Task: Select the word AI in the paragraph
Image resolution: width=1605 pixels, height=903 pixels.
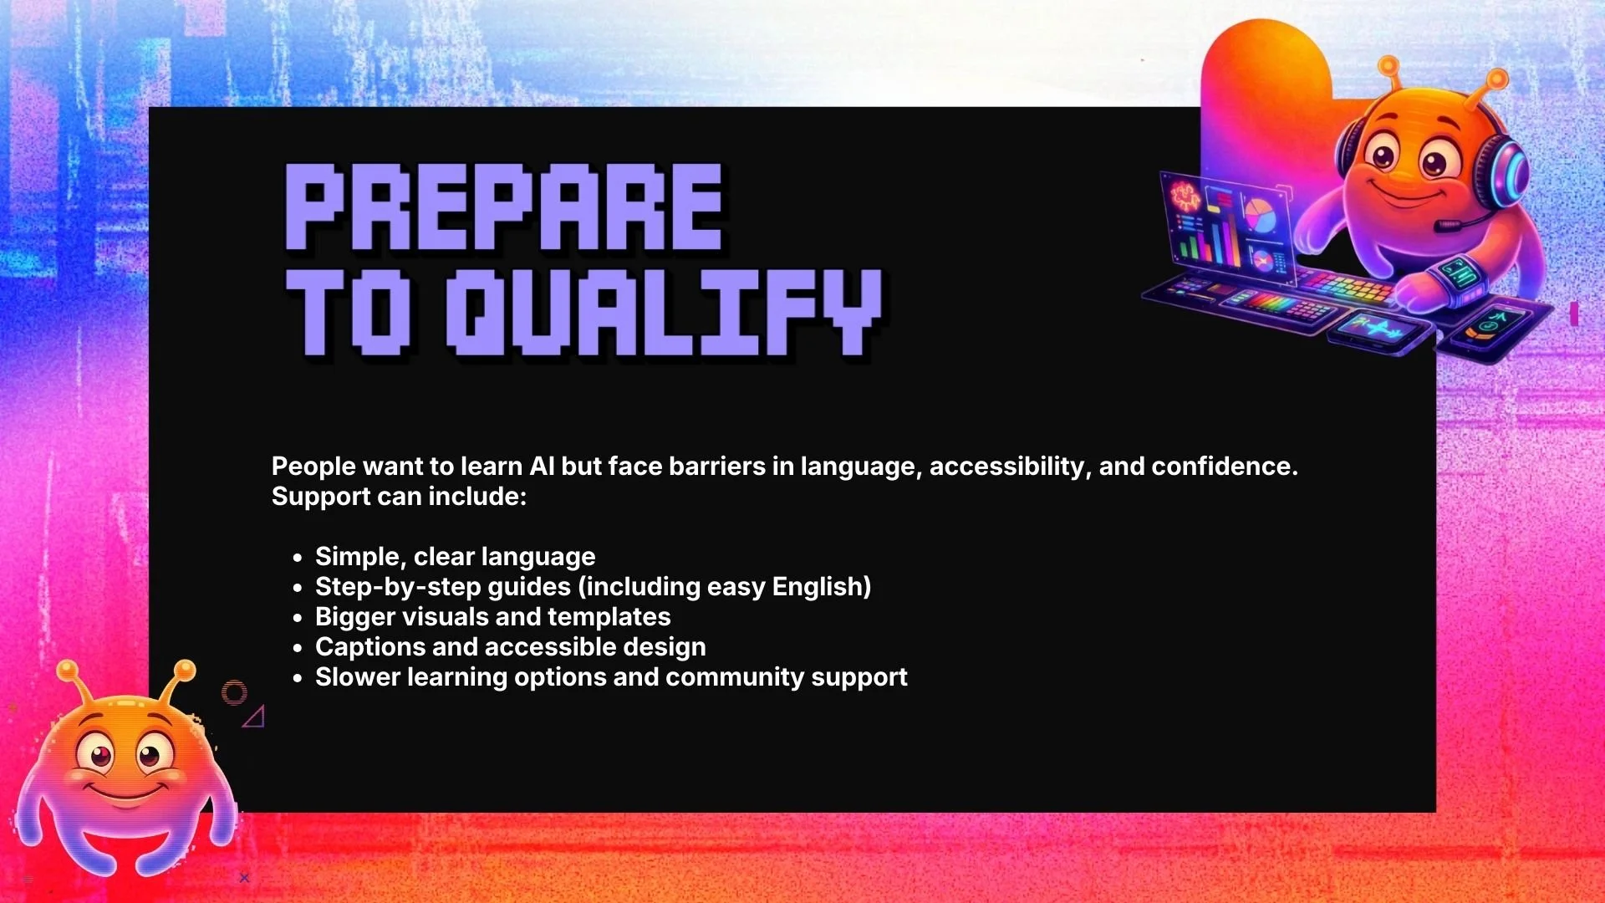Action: click(542, 466)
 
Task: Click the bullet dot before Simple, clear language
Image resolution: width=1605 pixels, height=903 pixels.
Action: click(298, 558)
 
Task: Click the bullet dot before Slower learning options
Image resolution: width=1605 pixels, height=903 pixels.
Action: click(298, 678)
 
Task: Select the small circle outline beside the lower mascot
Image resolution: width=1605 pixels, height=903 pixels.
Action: click(234, 692)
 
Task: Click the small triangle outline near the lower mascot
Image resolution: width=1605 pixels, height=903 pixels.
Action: click(255, 717)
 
